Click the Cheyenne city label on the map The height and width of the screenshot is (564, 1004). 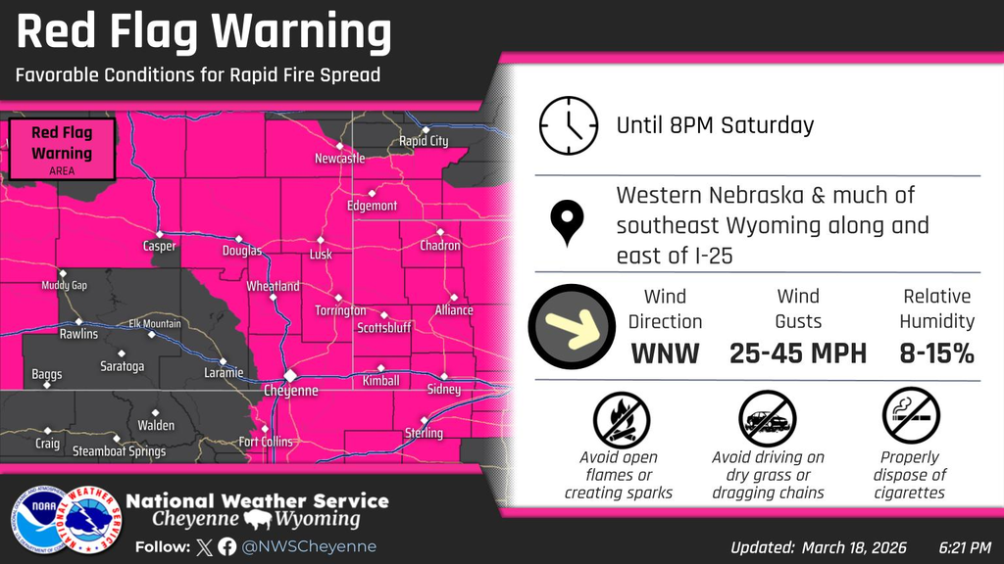[x=290, y=390]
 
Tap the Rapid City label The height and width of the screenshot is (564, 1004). [x=424, y=141]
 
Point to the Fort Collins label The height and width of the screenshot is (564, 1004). [x=265, y=442]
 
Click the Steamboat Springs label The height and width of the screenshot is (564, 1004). [x=120, y=451]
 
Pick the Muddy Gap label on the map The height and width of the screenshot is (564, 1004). [x=64, y=286]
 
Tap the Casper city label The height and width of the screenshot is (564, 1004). [x=159, y=247]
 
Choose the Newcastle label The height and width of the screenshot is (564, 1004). [x=339, y=159]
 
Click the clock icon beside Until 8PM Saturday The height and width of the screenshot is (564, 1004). [x=568, y=126]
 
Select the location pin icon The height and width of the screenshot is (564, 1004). [x=568, y=224]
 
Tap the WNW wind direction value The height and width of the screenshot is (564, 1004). [x=665, y=353]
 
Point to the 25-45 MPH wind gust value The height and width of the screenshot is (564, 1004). [x=798, y=353]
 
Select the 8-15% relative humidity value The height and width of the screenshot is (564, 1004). [x=936, y=353]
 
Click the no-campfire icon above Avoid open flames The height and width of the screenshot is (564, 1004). [x=621, y=418]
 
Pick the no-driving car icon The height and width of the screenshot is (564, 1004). [x=768, y=418]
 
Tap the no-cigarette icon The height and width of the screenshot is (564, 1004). [x=911, y=418]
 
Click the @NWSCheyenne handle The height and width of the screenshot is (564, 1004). [x=310, y=546]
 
